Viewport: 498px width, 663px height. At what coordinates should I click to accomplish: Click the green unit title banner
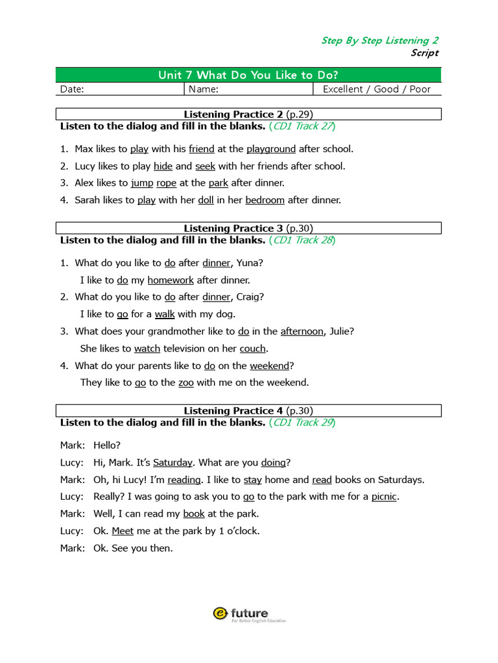point(248,75)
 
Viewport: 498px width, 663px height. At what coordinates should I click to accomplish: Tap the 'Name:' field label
point(203,89)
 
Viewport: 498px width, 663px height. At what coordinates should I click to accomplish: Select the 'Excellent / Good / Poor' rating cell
point(376,89)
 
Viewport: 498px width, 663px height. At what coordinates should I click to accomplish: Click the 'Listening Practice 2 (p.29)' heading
point(248,115)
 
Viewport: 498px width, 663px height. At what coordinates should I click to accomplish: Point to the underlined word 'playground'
point(271,149)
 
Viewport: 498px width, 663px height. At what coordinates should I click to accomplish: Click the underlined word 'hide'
point(163,166)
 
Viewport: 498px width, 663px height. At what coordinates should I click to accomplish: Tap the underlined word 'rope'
point(167,183)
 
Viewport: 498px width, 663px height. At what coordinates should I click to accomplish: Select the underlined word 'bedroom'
point(265,200)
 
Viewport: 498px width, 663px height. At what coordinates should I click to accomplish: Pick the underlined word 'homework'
point(171,280)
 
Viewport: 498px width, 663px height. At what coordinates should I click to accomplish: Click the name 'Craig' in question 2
point(247,297)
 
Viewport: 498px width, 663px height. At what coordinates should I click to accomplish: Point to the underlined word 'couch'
point(253,348)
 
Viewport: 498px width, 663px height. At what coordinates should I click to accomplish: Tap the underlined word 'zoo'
point(186,383)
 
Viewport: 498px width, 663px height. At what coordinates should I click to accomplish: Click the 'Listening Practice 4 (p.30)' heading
point(248,410)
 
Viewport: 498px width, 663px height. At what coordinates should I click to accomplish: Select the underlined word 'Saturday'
point(172,462)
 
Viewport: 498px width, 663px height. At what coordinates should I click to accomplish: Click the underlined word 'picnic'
point(385,497)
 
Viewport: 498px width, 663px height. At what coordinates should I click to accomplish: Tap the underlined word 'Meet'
point(123,531)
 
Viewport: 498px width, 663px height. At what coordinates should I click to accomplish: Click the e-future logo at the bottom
point(249,614)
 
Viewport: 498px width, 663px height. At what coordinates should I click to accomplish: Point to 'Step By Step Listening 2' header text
point(379,41)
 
